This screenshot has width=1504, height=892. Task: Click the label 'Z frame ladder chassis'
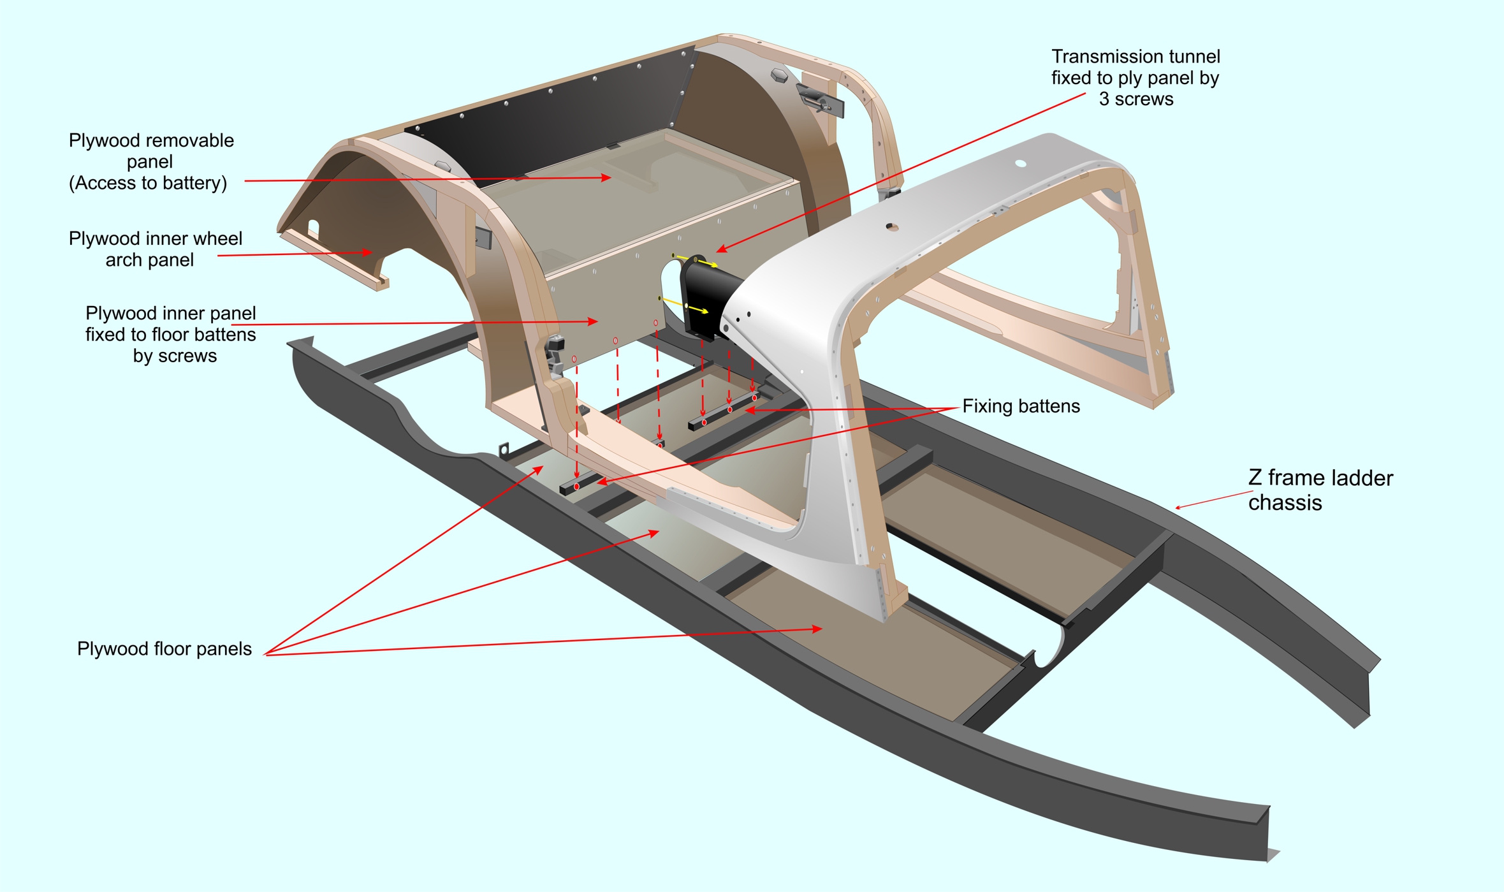[1320, 490]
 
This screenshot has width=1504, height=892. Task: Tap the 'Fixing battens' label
[1021, 406]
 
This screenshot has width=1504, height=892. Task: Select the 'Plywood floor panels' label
[164, 648]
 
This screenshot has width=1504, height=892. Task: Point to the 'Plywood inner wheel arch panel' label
[155, 249]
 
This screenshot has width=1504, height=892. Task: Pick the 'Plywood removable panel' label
[151, 150]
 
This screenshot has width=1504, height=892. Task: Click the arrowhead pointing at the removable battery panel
[606, 178]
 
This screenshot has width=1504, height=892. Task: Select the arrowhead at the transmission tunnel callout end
[721, 249]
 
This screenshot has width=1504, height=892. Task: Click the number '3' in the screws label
[1104, 99]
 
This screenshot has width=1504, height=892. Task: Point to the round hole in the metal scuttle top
[1020, 164]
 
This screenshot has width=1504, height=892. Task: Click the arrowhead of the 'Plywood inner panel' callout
[593, 322]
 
